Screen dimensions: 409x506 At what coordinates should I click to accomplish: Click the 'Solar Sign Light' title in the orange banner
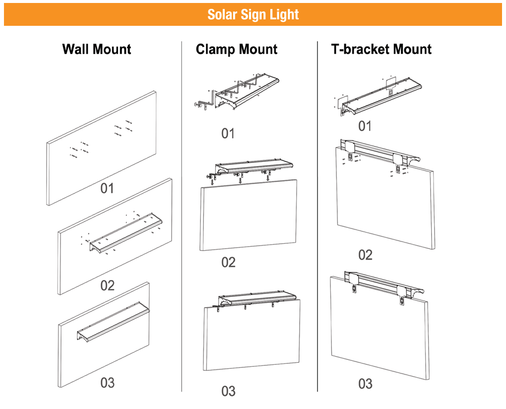point(253,14)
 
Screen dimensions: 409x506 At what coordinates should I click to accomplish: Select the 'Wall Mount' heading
point(97,49)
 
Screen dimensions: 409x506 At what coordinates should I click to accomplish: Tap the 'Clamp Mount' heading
point(237,49)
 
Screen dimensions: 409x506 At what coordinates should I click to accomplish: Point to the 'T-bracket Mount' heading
point(381,49)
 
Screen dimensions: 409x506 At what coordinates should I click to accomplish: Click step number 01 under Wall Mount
point(107,188)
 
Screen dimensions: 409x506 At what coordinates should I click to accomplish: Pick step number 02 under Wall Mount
point(107,285)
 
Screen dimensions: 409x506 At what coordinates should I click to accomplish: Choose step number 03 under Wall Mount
point(107,383)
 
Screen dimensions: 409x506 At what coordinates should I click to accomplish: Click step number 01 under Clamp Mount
point(228,133)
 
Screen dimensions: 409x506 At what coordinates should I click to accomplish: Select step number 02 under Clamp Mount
point(228,262)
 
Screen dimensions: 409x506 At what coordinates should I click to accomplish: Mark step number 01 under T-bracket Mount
point(365,126)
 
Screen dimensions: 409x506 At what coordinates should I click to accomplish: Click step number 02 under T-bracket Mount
point(365,255)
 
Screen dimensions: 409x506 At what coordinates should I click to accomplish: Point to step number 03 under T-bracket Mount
point(365,384)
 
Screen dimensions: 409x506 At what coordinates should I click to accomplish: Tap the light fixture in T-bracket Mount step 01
point(382,94)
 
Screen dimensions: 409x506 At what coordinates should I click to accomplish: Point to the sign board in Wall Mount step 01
point(102,149)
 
